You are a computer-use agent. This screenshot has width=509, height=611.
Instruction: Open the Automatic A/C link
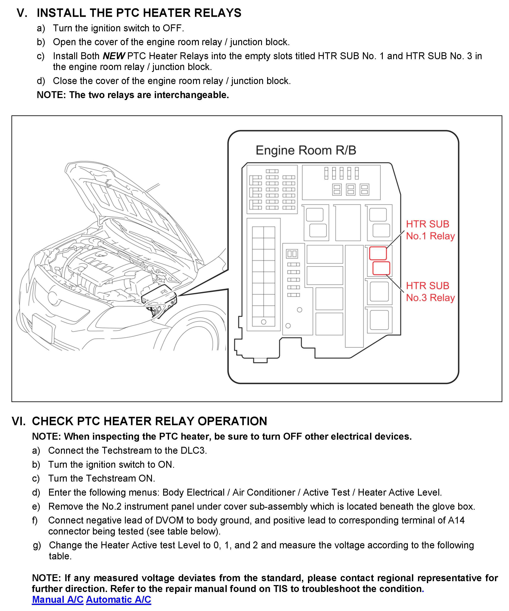pyautogui.click(x=118, y=599)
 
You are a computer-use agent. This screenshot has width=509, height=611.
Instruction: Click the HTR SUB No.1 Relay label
pyautogui.click(x=430, y=230)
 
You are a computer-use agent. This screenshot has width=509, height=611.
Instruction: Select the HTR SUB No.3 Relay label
pyautogui.click(x=430, y=291)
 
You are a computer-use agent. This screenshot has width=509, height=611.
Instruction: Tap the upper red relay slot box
pyautogui.click(x=378, y=253)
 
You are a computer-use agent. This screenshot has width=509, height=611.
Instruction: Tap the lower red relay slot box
pyautogui.click(x=381, y=268)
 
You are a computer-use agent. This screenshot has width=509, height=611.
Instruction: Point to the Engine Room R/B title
pyautogui.click(x=306, y=150)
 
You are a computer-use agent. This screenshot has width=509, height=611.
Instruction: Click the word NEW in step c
pyautogui.click(x=114, y=56)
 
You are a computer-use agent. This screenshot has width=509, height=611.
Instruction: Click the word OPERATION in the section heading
pyautogui.click(x=232, y=421)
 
